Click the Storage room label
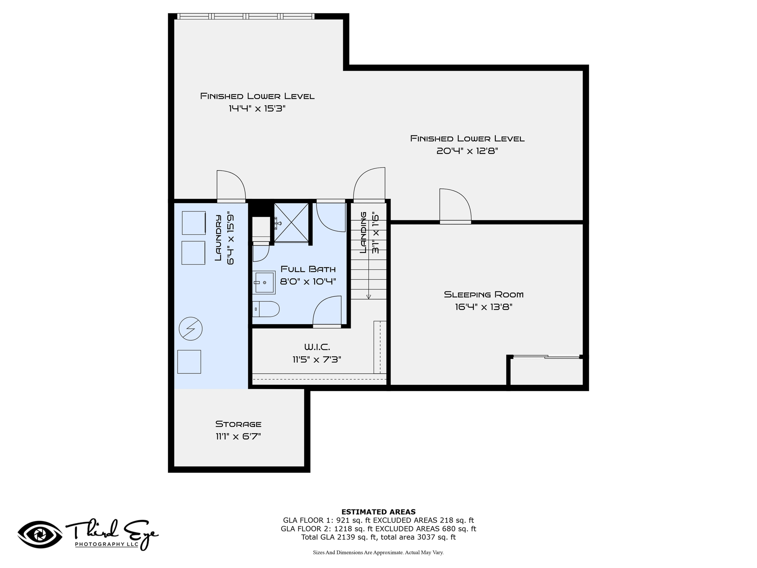tap(238, 424)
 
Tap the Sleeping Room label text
tap(483, 295)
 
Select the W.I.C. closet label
tap(317, 347)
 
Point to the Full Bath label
tap(308, 269)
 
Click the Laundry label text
tap(218, 238)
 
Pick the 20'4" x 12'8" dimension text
tap(467, 151)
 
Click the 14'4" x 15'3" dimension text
tap(257, 109)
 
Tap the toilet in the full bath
tap(266, 309)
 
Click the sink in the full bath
tap(264, 283)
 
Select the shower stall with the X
tap(291, 223)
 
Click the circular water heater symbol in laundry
tap(191, 328)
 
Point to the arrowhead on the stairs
tap(369, 297)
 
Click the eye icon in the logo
tap(40, 534)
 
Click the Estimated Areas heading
tap(378, 512)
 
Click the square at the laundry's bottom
tap(189, 362)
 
